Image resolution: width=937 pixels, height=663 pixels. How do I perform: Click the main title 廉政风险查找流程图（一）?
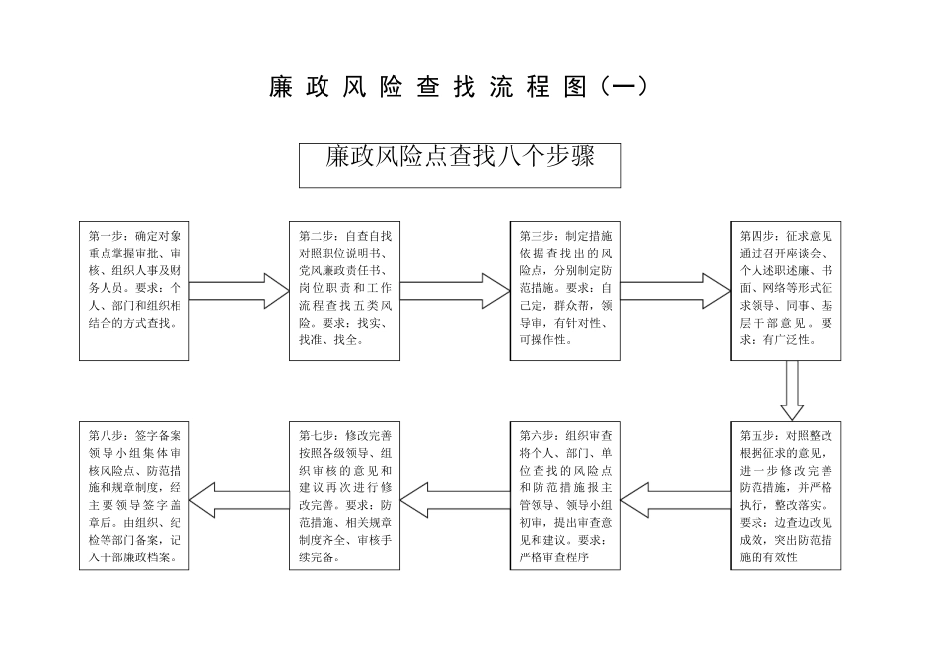(460, 87)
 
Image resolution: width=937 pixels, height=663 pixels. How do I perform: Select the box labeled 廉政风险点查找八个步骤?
(460, 164)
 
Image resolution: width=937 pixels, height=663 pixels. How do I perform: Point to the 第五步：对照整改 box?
(786, 495)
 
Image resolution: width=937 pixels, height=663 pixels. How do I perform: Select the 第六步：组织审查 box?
(565, 495)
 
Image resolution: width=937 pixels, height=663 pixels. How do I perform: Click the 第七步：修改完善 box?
(345, 495)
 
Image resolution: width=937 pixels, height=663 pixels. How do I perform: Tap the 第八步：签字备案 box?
(134, 495)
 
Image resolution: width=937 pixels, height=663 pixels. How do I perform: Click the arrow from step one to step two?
(238, 291)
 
